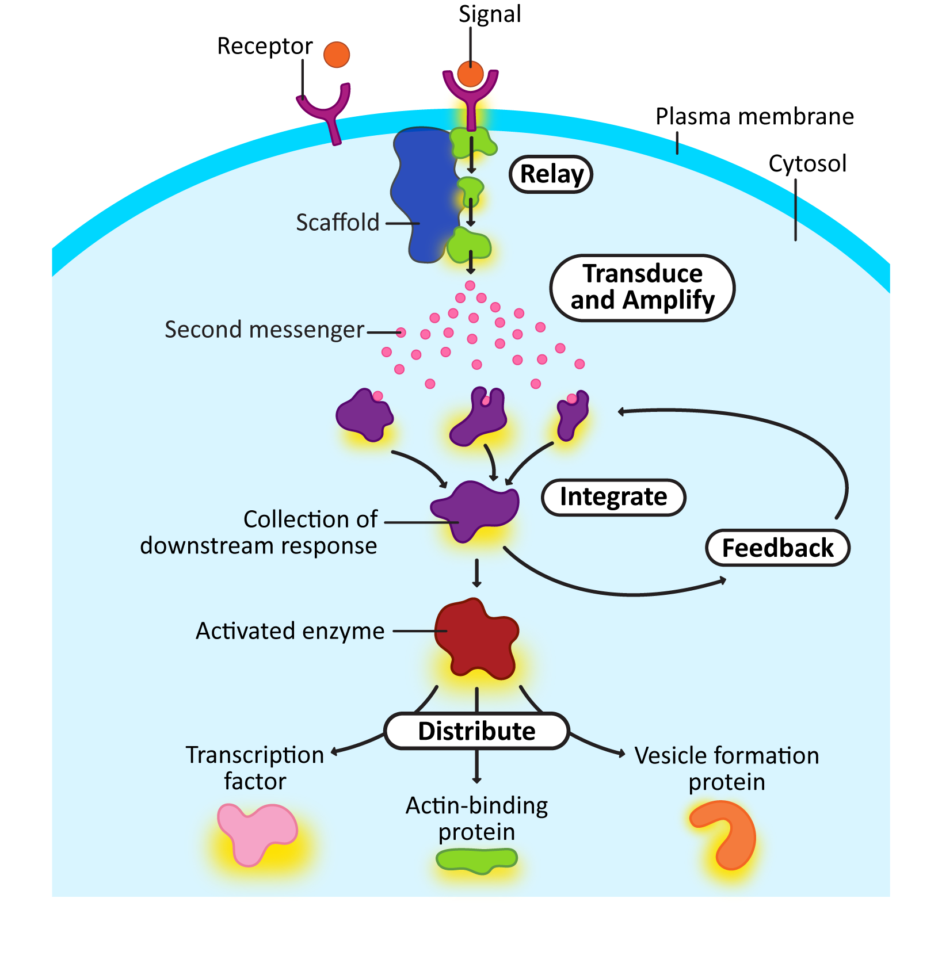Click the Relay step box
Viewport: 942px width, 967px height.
click(x=551, y=174)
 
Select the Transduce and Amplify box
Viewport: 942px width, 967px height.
click(x=642, y=288)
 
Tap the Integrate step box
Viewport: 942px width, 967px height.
click(x=613, y=497)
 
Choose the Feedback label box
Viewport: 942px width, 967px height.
click(x=777, y=548)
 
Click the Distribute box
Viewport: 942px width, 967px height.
click(x=476, y=731)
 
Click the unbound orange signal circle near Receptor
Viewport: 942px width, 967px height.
click(x=337, y=55)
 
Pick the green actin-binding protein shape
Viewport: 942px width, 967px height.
click(x=476, y=859)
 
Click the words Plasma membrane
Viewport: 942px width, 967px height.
click(x=754, y=117)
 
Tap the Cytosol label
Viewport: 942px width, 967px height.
click(x=807, y=164)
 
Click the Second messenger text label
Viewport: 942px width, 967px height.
click(x=264, y=330)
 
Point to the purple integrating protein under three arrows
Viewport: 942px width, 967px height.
click(x=475, y=509)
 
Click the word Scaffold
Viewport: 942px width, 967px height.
click(x=338, y=223)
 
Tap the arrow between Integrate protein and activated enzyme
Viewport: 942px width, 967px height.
click(x=476, y=572)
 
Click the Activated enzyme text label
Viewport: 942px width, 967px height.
click(x=290, y=631)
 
